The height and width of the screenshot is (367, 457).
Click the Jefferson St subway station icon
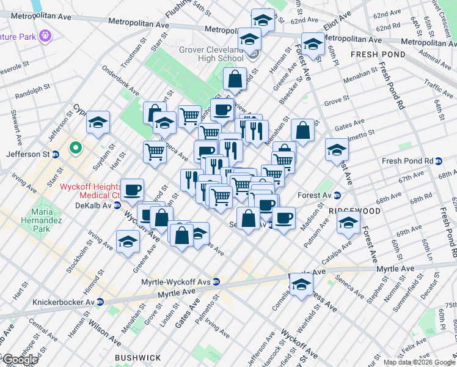pos(55,154)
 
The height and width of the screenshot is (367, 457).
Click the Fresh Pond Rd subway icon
pos(439,161)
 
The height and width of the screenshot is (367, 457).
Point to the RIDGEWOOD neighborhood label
pos(354,210)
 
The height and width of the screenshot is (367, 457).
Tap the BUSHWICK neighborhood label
pos(137,358)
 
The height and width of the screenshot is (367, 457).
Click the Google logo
pos(20,360)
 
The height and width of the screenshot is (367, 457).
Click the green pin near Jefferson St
pos(76,147)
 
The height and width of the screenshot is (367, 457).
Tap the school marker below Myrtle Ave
pos(301,284)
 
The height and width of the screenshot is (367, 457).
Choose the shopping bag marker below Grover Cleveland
pos(235,78)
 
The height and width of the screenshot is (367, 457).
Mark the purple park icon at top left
pos(45,36)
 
